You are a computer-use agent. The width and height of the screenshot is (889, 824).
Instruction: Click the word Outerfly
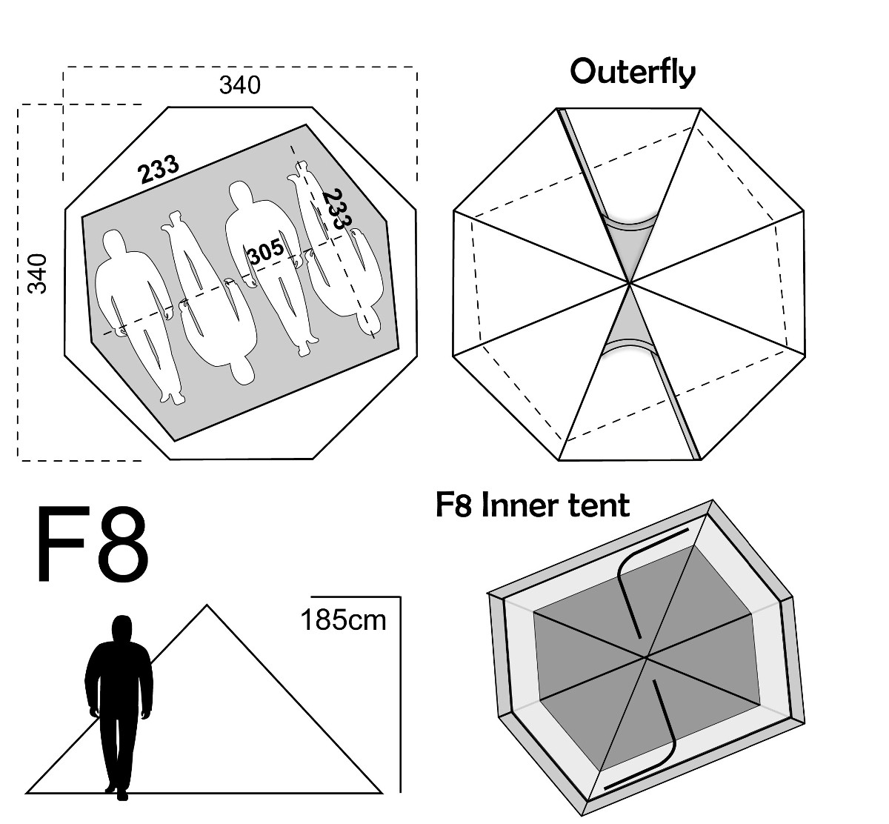tap(633, 72)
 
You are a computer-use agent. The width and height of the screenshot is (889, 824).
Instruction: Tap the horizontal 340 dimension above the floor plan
tap(240, 85)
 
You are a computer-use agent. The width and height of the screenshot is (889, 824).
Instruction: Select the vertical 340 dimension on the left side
tap(37, 273)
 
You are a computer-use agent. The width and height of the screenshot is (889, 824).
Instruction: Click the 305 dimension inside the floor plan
tap(267, 251)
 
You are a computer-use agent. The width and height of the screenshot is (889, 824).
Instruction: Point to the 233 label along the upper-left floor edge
tap(159, 169)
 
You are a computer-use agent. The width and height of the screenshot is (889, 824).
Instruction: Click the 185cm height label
tap(343, 620)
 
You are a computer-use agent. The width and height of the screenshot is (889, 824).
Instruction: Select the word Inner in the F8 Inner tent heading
tap(520, 505)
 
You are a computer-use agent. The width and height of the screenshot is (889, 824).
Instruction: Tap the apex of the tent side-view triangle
tap(207, 605)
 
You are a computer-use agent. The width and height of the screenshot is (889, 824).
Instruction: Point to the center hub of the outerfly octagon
tap(630, 283)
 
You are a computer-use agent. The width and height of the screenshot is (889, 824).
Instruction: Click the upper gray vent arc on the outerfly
tap(630, 223)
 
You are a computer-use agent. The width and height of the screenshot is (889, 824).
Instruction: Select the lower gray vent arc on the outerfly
tap(630, 345)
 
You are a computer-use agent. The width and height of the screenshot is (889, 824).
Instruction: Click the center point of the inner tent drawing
tap(646, 658)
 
